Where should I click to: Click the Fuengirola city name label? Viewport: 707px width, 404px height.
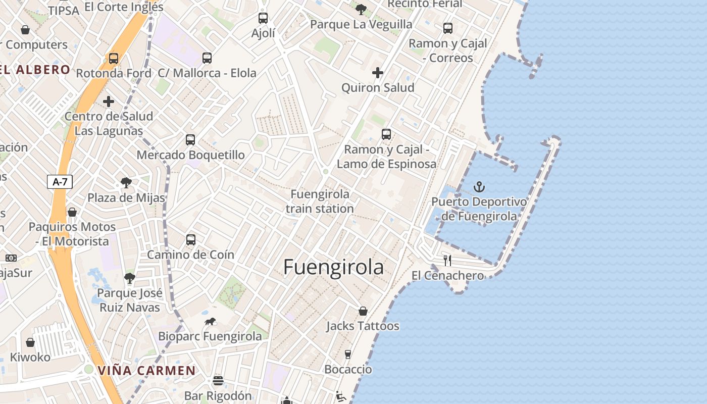click(333, 267)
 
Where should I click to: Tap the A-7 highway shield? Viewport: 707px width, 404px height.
click(60, 182)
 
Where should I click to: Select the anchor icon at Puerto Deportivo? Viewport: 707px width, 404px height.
click(479, 187)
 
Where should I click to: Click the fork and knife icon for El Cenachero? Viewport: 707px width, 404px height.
click(447, 261)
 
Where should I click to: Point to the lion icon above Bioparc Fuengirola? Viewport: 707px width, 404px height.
click(210, 322)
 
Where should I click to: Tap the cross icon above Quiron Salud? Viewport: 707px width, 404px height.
click(378, 73)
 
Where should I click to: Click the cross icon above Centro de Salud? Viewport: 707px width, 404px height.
click(109, 102)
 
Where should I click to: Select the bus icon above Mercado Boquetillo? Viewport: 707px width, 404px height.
click(190, 140)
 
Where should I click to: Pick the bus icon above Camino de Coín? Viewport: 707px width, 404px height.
click(191, 240)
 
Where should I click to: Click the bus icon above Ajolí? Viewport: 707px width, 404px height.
click(263, 18)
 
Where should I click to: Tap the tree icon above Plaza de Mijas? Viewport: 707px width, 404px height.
click(126, 182)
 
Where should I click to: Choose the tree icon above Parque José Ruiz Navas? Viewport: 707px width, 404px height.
click(130, 278)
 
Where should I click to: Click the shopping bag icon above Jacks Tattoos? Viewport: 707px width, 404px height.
click(363, 311)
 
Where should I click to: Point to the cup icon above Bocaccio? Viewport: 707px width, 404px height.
click(348, 354)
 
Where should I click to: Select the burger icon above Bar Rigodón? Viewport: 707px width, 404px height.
click(218, 380)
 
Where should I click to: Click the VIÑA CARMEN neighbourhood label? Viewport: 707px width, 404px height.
click(146, 371)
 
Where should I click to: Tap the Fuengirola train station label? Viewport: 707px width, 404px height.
click(320, 201)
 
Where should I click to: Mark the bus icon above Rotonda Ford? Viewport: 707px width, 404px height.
click(114, 59)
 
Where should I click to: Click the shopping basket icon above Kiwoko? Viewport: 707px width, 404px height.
click(30, 342)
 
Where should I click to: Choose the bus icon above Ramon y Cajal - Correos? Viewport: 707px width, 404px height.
click(448, 28)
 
